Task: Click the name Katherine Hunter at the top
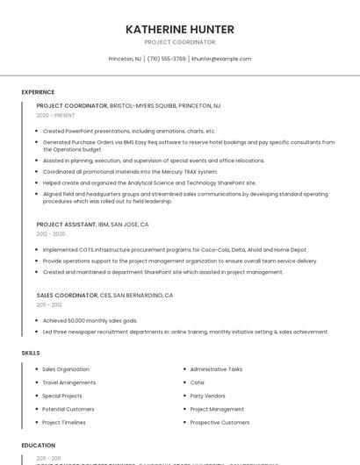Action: point(180,29)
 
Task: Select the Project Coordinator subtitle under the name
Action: point(180,42)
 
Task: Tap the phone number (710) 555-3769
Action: point(166,59)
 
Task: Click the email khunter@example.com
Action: point(221,59)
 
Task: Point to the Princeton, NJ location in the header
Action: point(125,59)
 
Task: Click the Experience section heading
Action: point(38,92)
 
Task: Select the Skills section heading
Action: point(31,353)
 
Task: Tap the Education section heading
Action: point(39,446)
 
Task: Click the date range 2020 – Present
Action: point(55,115)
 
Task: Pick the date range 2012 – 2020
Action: point(51,234)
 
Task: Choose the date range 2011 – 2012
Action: point(49,305)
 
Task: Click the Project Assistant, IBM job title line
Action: point(92,225)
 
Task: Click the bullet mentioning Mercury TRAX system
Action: point(130,171)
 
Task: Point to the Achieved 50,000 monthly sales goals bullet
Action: point(90,321)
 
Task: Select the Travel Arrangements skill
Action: point(69,383)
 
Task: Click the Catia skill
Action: point(197,383)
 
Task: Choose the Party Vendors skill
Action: point(207,396)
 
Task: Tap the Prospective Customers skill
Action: point(220,422)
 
